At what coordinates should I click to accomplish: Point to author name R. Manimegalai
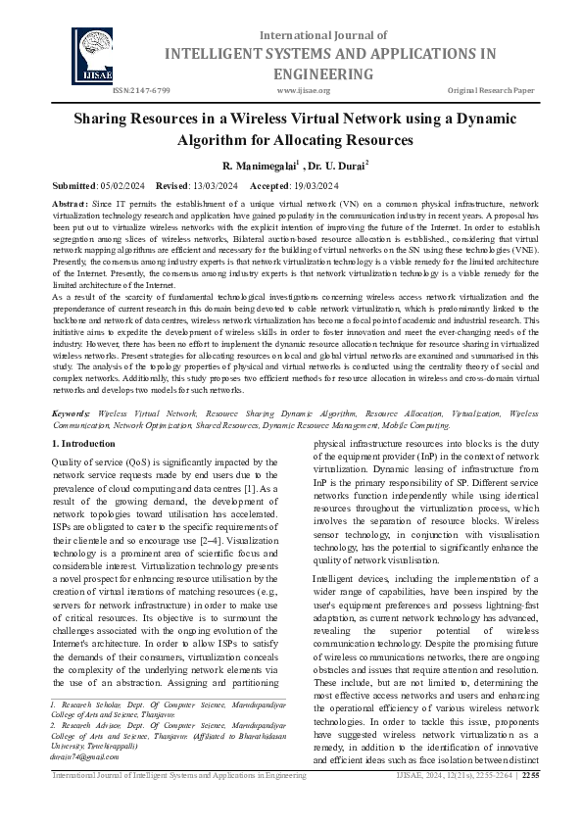click(x=259, y=167)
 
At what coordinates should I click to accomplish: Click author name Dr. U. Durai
click(x=338, y=167)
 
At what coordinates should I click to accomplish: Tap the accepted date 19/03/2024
click(x=311, y=186)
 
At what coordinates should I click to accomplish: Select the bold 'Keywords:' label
click(x=73, y=443)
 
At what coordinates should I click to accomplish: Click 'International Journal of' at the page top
click(x=309, y=35)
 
